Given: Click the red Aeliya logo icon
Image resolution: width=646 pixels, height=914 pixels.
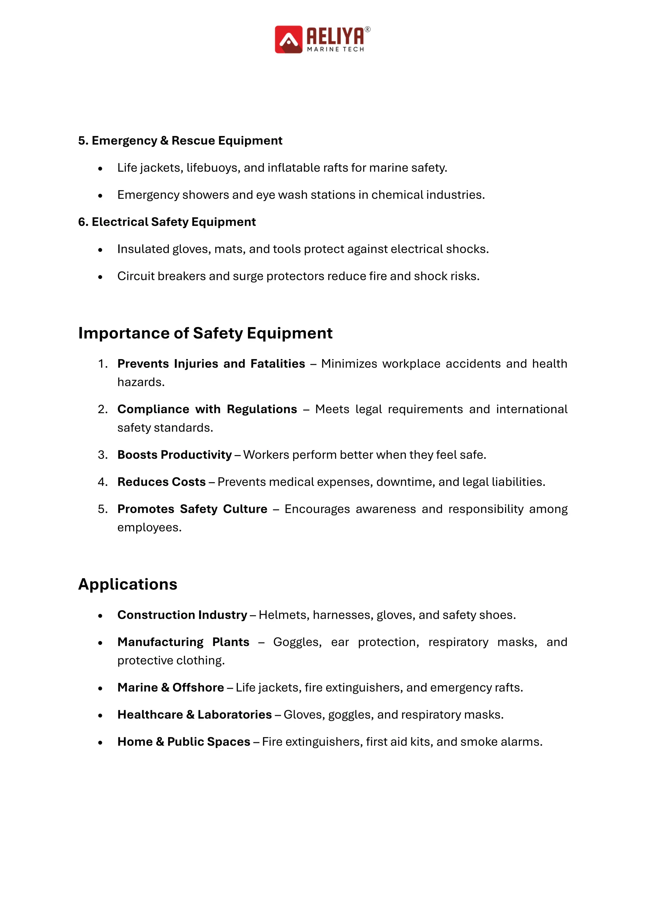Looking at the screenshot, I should pos(288,39).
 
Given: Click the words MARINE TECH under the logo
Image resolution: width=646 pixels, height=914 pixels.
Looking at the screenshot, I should pos(335,49).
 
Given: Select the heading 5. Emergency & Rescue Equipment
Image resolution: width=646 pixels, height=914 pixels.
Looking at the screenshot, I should pos(180,140).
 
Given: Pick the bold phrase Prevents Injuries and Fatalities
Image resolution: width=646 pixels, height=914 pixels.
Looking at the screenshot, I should pos(211,364).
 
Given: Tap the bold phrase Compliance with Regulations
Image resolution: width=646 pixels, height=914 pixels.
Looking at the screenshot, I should pos(207,409).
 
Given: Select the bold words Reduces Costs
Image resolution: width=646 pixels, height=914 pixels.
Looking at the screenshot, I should pos(161,482).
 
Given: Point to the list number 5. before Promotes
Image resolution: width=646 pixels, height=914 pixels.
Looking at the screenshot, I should pos(103,509).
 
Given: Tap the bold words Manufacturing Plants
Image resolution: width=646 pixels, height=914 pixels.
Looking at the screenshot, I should pos(183,642).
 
